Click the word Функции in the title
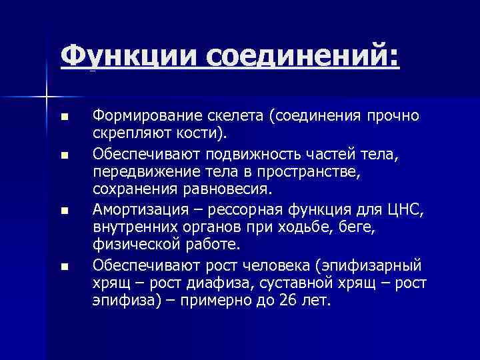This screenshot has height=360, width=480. click(x=129, y=55)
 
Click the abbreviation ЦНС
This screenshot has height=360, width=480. click(x=403, y=211)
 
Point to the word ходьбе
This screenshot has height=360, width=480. click(x=297, y=228)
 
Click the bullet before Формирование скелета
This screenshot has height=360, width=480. click(x=64, y=117)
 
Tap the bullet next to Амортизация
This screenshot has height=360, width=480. click(x=64, y=212)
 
